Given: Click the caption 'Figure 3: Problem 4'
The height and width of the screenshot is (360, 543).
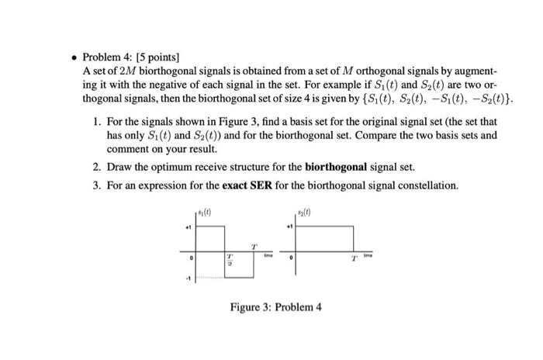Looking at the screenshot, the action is pos(275,306).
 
